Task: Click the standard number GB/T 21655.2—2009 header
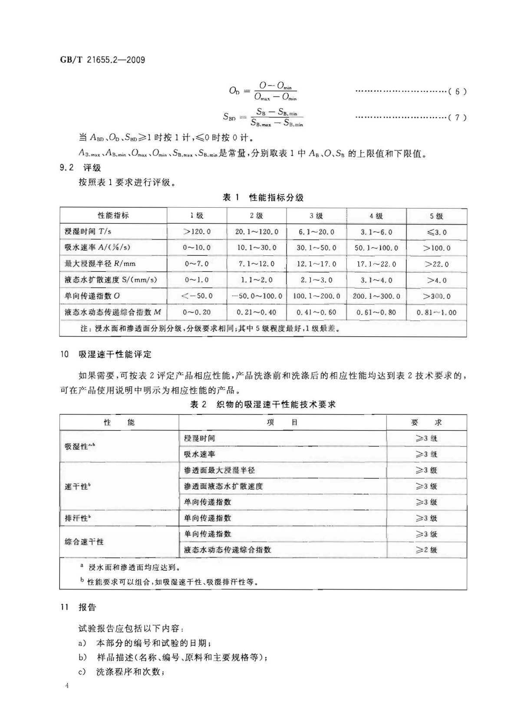(x=102, y=60)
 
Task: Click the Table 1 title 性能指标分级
(x=263, y=198)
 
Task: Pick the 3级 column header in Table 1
(x=316, y=216)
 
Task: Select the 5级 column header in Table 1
(x=436, y=216)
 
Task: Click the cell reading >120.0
(x=197, y=232)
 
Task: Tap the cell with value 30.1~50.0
(x=316, y=248)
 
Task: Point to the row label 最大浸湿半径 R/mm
(x=100, y=264)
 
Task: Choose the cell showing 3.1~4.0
(x=376, y=280)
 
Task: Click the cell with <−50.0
(x=197, y=296)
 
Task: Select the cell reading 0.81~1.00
(x=436, y=312)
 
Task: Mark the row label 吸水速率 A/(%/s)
(x=97, y=248)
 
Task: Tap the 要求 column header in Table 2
(x=426, y=423)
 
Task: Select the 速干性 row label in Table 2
(x=78, y=487)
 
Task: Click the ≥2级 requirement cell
(x=426, y=550)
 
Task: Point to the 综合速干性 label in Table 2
(x=84, y=542)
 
